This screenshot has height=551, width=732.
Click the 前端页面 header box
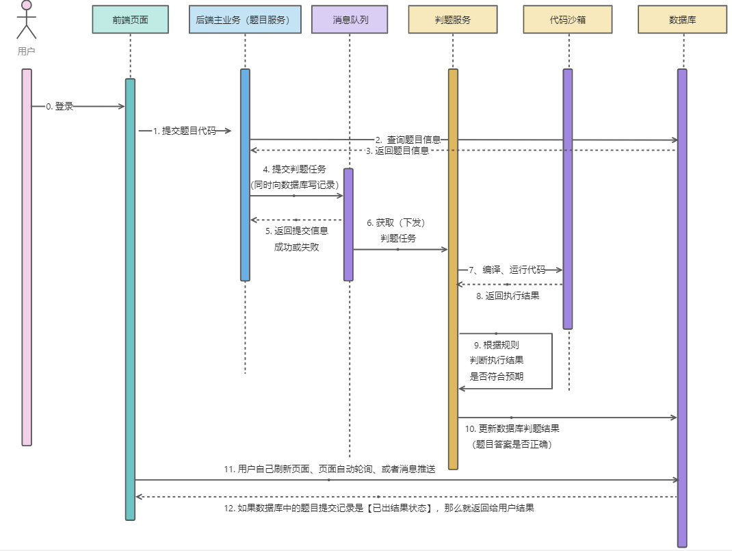130,20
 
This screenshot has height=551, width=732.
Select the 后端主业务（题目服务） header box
244,20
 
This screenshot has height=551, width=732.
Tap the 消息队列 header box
350,20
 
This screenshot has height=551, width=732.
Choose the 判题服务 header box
453,20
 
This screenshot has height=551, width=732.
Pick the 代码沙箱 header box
567,20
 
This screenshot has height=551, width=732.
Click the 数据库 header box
682,20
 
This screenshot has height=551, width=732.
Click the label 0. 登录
60,107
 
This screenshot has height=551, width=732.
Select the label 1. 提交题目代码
184,131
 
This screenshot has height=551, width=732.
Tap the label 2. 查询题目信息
408,140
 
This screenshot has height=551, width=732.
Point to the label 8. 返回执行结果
508,296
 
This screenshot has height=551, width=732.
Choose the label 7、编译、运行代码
507,270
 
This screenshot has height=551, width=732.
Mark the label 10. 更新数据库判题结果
512,428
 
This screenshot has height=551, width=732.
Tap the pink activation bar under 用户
27,257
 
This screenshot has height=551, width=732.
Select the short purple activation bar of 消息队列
349,225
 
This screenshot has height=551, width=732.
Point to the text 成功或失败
296,247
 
